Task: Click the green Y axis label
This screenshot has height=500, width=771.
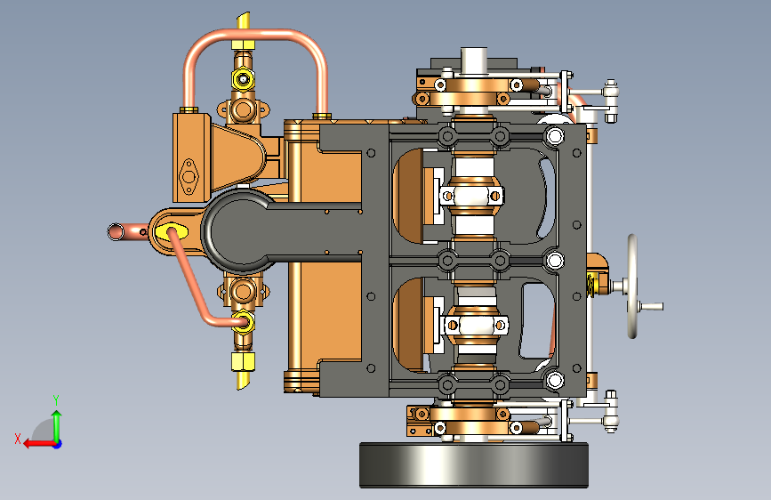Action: (x=56, y=399)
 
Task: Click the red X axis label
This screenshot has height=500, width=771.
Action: (x=18, y=439)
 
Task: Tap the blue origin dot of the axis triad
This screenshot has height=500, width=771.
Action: (x=58, y=444)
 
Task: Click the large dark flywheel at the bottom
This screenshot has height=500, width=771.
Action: (x=474, y=465)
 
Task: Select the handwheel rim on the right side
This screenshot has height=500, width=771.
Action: (x=632, y=286)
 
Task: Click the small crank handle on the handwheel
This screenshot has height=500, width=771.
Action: (x=651, y=306)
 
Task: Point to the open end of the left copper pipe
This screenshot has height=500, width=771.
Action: (x=115, y=231)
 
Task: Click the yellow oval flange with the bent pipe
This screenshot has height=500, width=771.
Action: (x=171, y=232)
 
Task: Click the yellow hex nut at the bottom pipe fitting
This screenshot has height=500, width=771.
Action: (x=243, y=362)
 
